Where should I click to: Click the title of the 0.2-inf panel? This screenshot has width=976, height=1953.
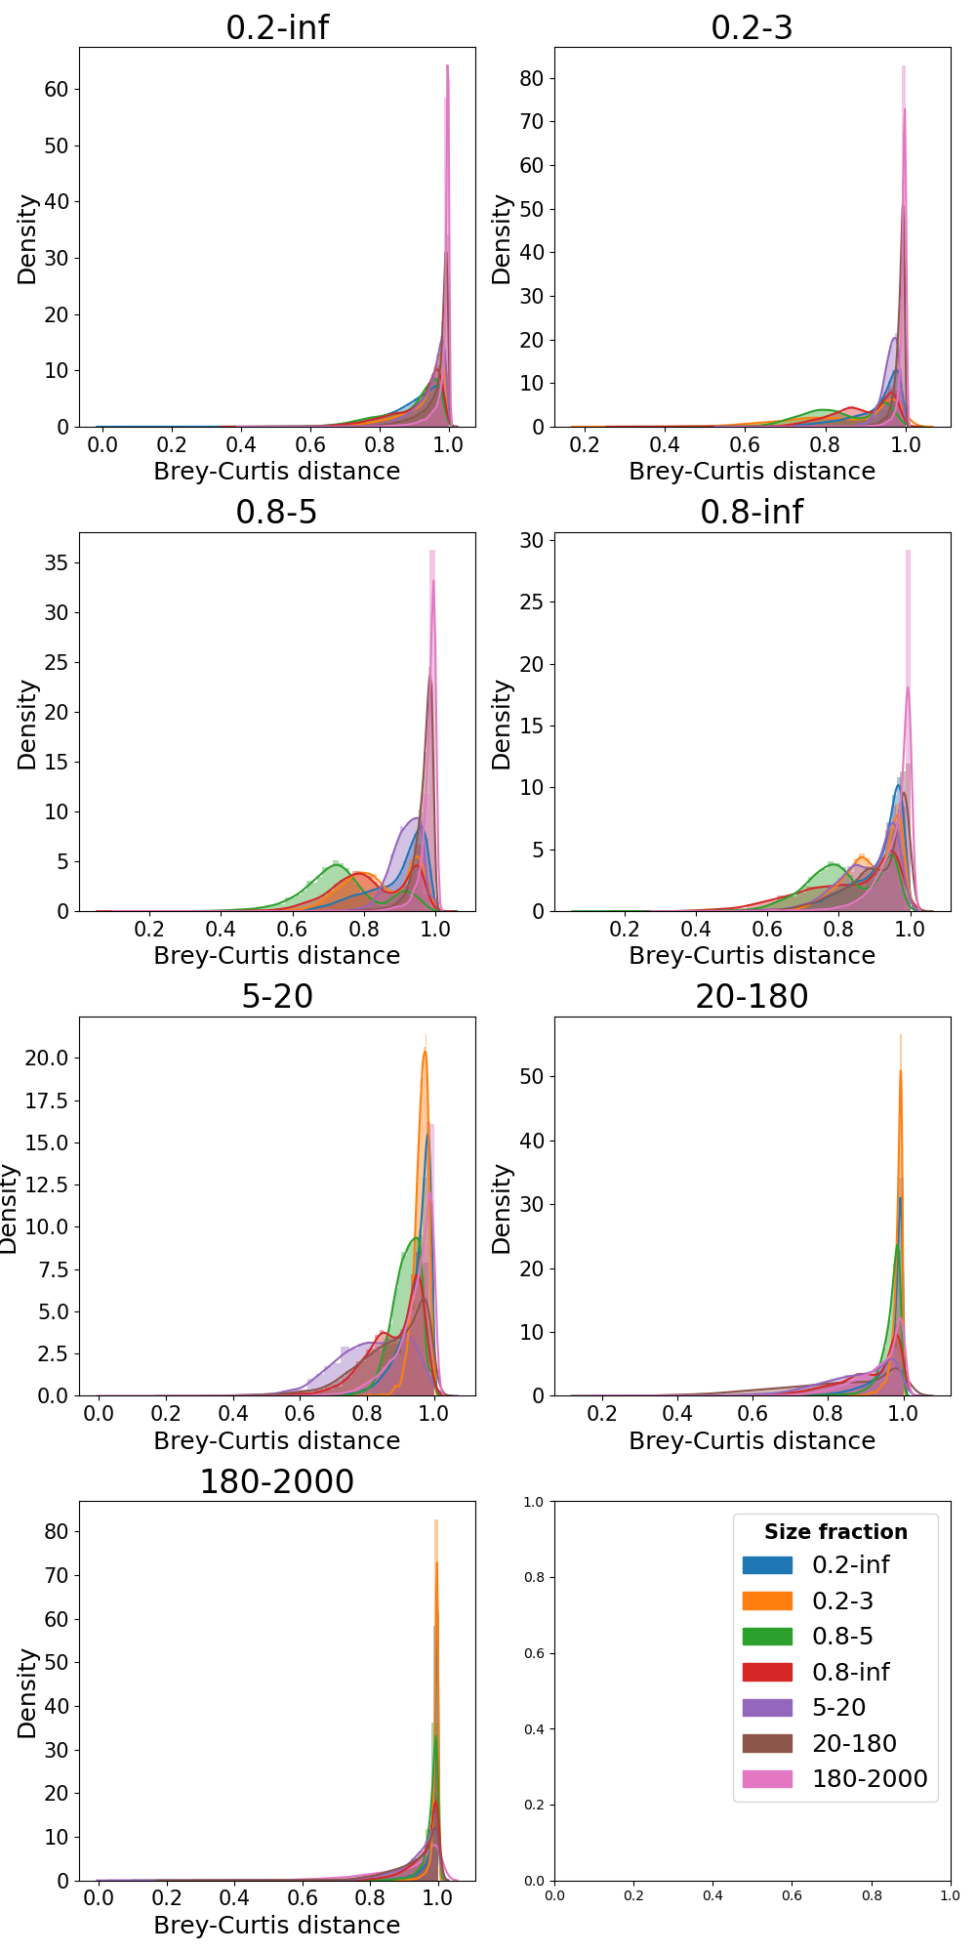tap(277, 27)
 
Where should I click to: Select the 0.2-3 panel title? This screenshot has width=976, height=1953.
tap(752, 27)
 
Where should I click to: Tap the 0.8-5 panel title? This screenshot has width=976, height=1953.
tap(277, 512)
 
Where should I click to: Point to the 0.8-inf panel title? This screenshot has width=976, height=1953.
tap(752, 512)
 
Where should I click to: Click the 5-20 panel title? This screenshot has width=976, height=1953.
tap(277, 996)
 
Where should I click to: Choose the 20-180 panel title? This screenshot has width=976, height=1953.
tap(752, 996)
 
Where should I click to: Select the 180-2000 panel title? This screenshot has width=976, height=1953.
tap(277, 1481)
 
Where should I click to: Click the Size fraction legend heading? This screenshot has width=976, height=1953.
tap(835, 1532)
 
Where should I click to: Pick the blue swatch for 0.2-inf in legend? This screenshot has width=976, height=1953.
tap(767, 1565)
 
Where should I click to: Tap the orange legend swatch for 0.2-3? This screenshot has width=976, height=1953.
tap(767, 1600)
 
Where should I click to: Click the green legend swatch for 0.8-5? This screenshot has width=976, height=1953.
tap(767, 1637)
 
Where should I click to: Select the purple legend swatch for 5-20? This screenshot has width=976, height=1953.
tap(767, 1708)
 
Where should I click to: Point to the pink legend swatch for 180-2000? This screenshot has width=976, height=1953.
tap(767, 1779)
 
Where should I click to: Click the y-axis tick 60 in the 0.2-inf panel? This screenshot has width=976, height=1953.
tap(57, 89)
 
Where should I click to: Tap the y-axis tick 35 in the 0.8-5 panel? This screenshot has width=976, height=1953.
tap(57, 562)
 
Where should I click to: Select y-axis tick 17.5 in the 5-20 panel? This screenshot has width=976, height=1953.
tap(47, 1101)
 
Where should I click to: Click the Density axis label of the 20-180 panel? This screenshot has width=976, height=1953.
tap(502, 1208)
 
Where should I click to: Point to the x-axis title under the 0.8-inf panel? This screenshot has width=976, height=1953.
tap(752, 956)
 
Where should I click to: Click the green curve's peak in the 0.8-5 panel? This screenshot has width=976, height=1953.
tap(335, 865)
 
